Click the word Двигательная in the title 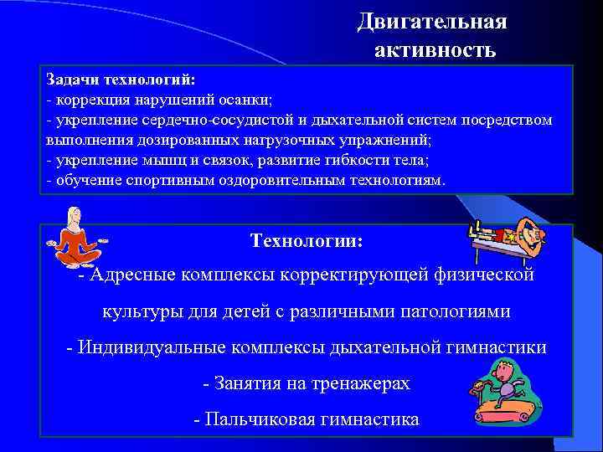pos(431,22)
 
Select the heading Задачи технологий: pos(121,80)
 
